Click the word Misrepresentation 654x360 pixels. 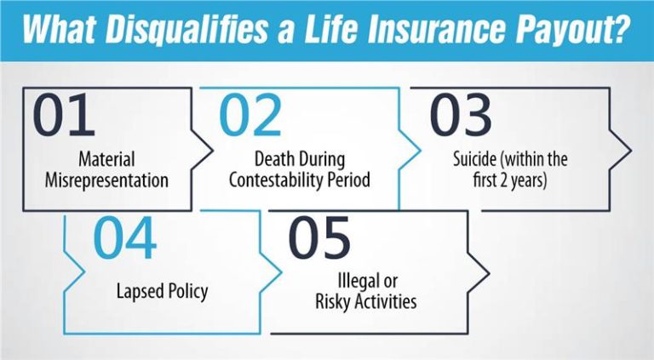click(x=108, y=180)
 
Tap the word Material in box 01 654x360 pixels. click(x=106, y=159)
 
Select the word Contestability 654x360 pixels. click(x=278, y=180)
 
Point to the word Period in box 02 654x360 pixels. click(x=348, y=180)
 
